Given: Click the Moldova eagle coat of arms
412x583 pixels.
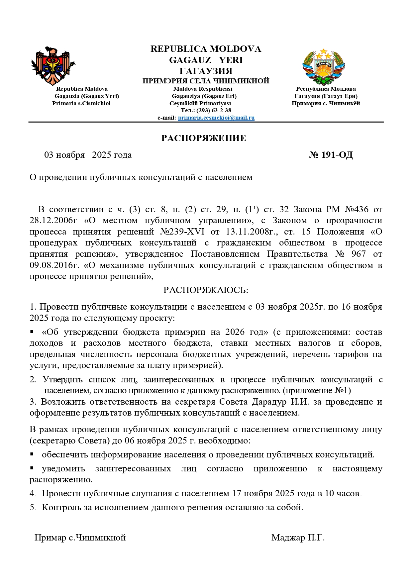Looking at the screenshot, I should [53, 66].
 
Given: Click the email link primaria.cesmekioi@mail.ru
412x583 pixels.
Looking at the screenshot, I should [216, 118].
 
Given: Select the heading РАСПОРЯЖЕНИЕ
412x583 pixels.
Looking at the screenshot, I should [204, 138].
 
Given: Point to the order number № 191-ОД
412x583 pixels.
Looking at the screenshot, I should [331, 155].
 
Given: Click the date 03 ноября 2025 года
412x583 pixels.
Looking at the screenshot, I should [88, 155].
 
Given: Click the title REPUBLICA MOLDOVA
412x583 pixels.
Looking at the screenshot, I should [206, 49].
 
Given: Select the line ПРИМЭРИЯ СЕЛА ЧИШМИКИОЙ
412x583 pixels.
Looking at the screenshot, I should [206, 81].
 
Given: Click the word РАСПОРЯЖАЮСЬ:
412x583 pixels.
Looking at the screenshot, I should [206, 290].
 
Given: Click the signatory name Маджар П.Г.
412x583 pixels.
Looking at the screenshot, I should [298, 537].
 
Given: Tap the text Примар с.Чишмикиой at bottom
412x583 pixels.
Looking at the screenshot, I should [80, 537].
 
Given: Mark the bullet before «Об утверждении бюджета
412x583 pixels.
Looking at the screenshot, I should [32, 332].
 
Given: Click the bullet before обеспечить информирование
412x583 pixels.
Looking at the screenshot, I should [32, 454].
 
